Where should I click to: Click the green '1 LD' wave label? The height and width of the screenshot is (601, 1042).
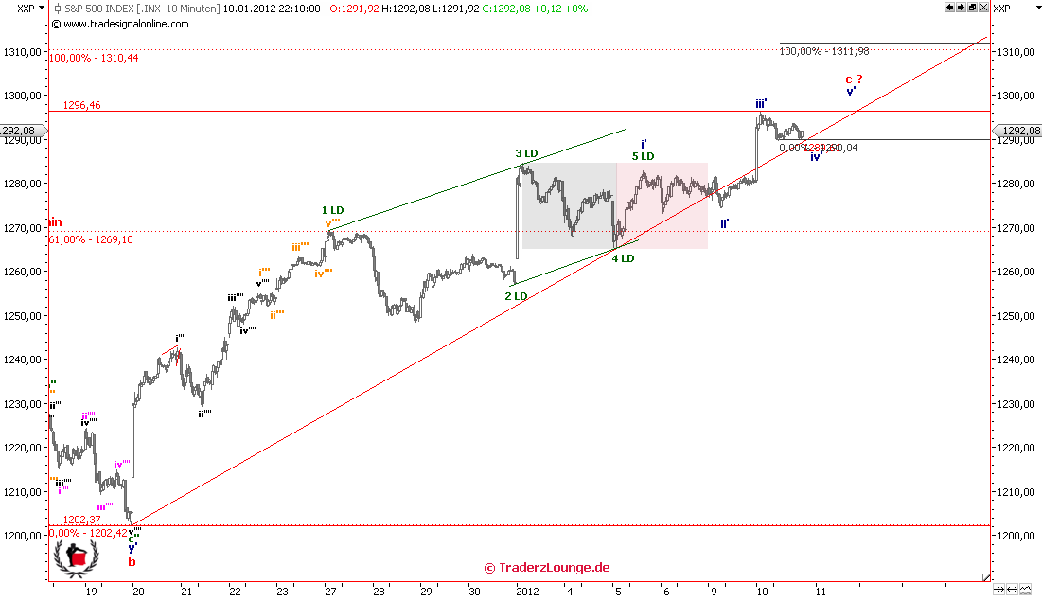click(332, 210)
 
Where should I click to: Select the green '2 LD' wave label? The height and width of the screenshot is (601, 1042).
click(515, 296)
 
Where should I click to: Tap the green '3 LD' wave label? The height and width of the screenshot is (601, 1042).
click(526, 153)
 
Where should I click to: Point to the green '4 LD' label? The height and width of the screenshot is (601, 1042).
click(622, 258)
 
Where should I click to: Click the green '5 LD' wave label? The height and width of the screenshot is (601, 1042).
click(644, 156)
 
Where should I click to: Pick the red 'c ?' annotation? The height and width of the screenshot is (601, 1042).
click(854, 80)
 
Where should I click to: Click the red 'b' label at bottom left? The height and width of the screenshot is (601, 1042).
click(132, 561)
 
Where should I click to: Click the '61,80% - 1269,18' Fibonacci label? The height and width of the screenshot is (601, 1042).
click(91, 240)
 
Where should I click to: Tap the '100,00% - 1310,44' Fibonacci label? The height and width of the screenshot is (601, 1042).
click(94, 58)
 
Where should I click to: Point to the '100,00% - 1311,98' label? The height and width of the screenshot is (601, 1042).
click(823, 51)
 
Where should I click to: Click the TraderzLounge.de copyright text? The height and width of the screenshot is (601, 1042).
click(547, 568)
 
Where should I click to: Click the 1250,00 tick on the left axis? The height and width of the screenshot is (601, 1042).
click(23, 315)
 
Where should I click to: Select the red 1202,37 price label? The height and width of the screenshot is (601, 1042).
click(81, 520)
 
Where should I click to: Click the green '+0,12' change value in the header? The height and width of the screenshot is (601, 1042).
click(541, 9)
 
